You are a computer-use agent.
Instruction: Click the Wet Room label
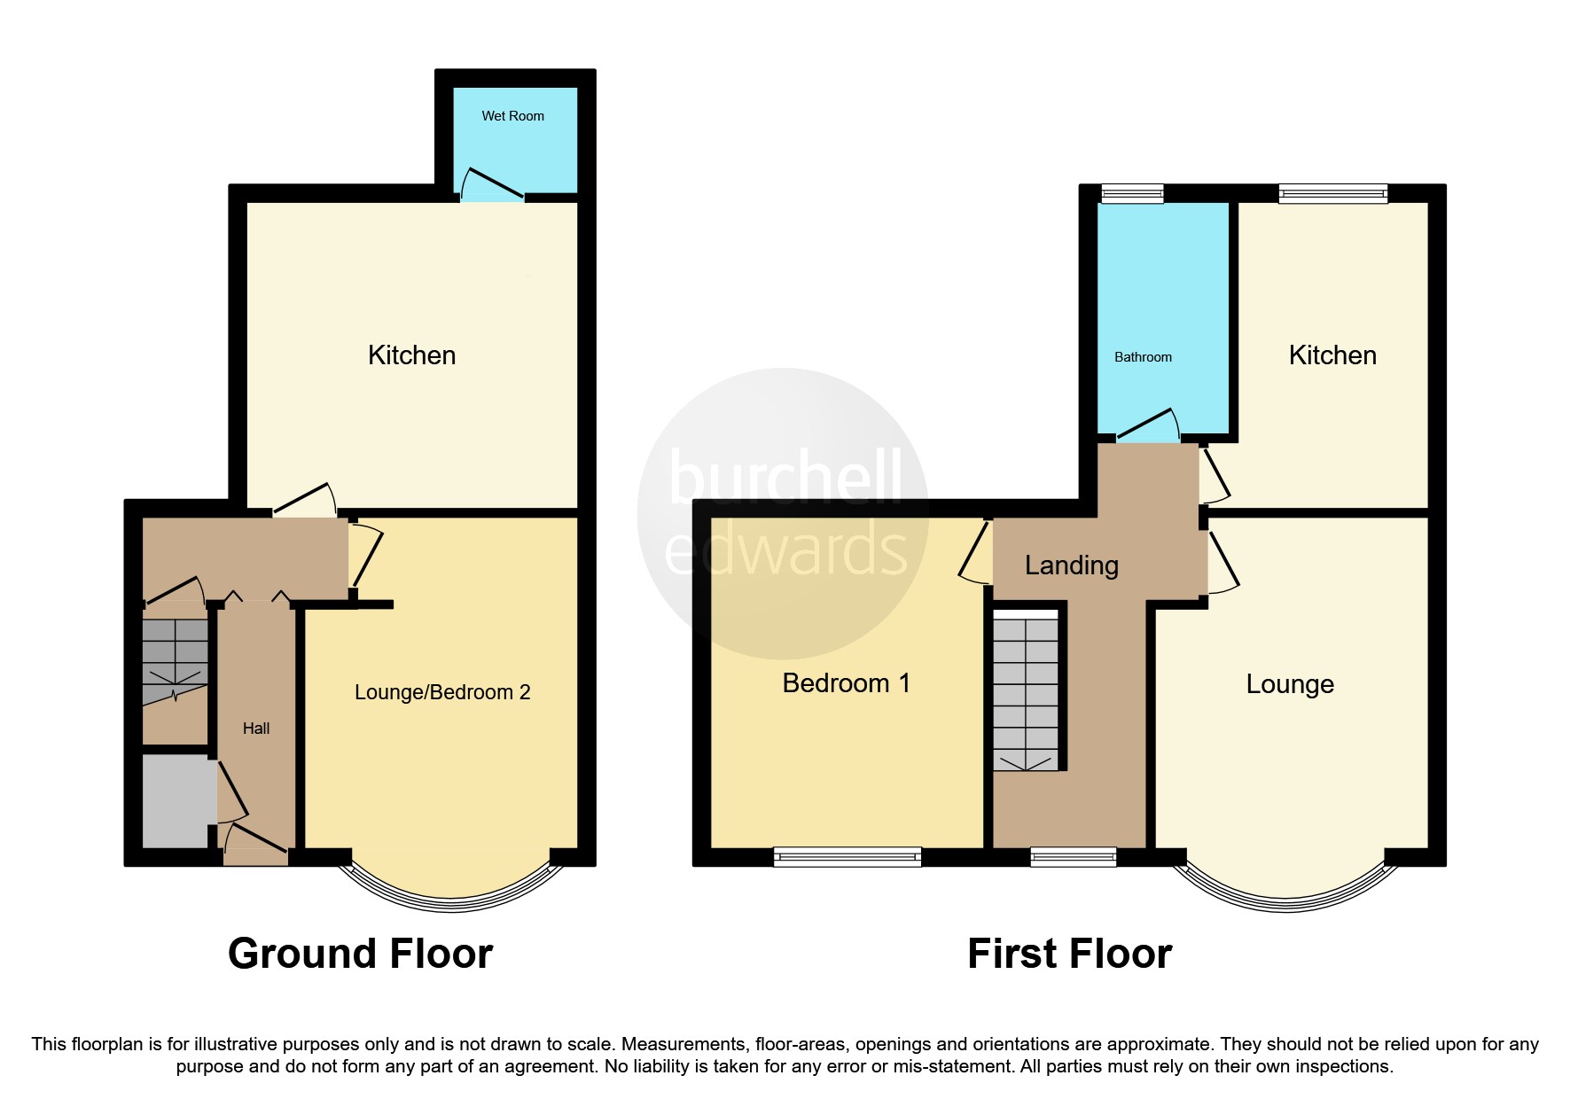pos(512,116)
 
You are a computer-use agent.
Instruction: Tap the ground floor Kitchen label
pos(411,355)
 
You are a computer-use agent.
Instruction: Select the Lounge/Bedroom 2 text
pos(442,692)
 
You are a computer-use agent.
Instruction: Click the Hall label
pos(256,729)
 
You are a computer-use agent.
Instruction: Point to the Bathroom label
pos(1143,357)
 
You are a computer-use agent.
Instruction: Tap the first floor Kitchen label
pos(1332,355)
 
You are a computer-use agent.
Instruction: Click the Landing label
pos(1071,565)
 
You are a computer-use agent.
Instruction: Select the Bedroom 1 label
pos(846,683)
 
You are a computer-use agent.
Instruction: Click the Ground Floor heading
pos(360,954)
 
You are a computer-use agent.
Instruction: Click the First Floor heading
pos(1069,954)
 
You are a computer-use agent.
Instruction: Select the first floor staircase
pos(1026,691)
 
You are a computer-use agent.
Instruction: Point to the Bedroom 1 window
pos(847,856)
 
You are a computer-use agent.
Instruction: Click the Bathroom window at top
pos(1132,192)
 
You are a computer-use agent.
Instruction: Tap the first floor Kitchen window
pos(1332,192)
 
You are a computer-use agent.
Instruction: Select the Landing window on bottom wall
pos(1073,856)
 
